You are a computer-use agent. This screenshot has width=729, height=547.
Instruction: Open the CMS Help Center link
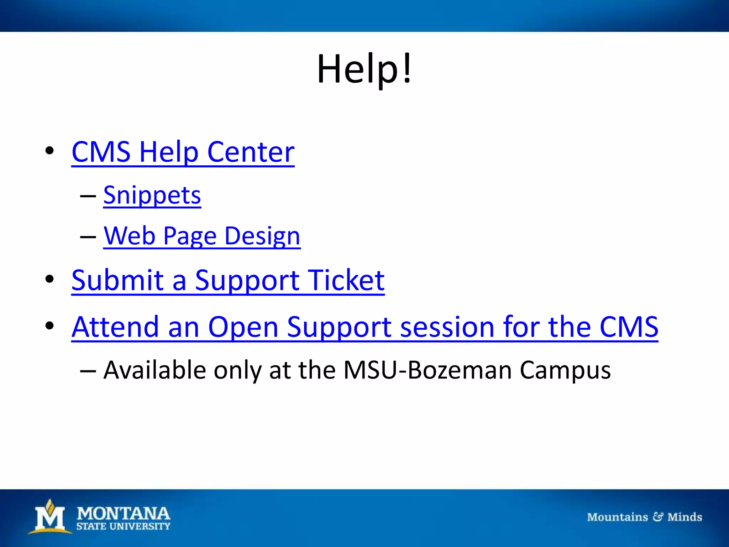[x=183, y=152]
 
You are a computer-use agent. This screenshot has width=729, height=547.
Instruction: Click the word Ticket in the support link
[x=346, y=280]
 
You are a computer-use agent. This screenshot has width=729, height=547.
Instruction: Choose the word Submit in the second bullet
[x=117, y=280]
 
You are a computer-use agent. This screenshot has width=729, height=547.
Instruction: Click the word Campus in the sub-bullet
[x=565, y=370]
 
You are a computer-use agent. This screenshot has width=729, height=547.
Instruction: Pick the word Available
[x=154, y=370]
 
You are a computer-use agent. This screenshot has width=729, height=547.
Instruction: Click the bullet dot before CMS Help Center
[x=49, y=151]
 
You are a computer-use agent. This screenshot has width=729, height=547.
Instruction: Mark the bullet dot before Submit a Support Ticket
[x=49, y=280]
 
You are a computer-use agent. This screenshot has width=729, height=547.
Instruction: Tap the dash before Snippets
[x=88, y=196]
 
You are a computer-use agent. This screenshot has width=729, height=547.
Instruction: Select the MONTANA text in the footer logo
[x=123, y=514]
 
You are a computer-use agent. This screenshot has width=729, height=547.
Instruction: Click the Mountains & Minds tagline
[x=644, y=517]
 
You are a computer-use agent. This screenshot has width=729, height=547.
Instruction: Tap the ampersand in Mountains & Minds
[x=657, y=517]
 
